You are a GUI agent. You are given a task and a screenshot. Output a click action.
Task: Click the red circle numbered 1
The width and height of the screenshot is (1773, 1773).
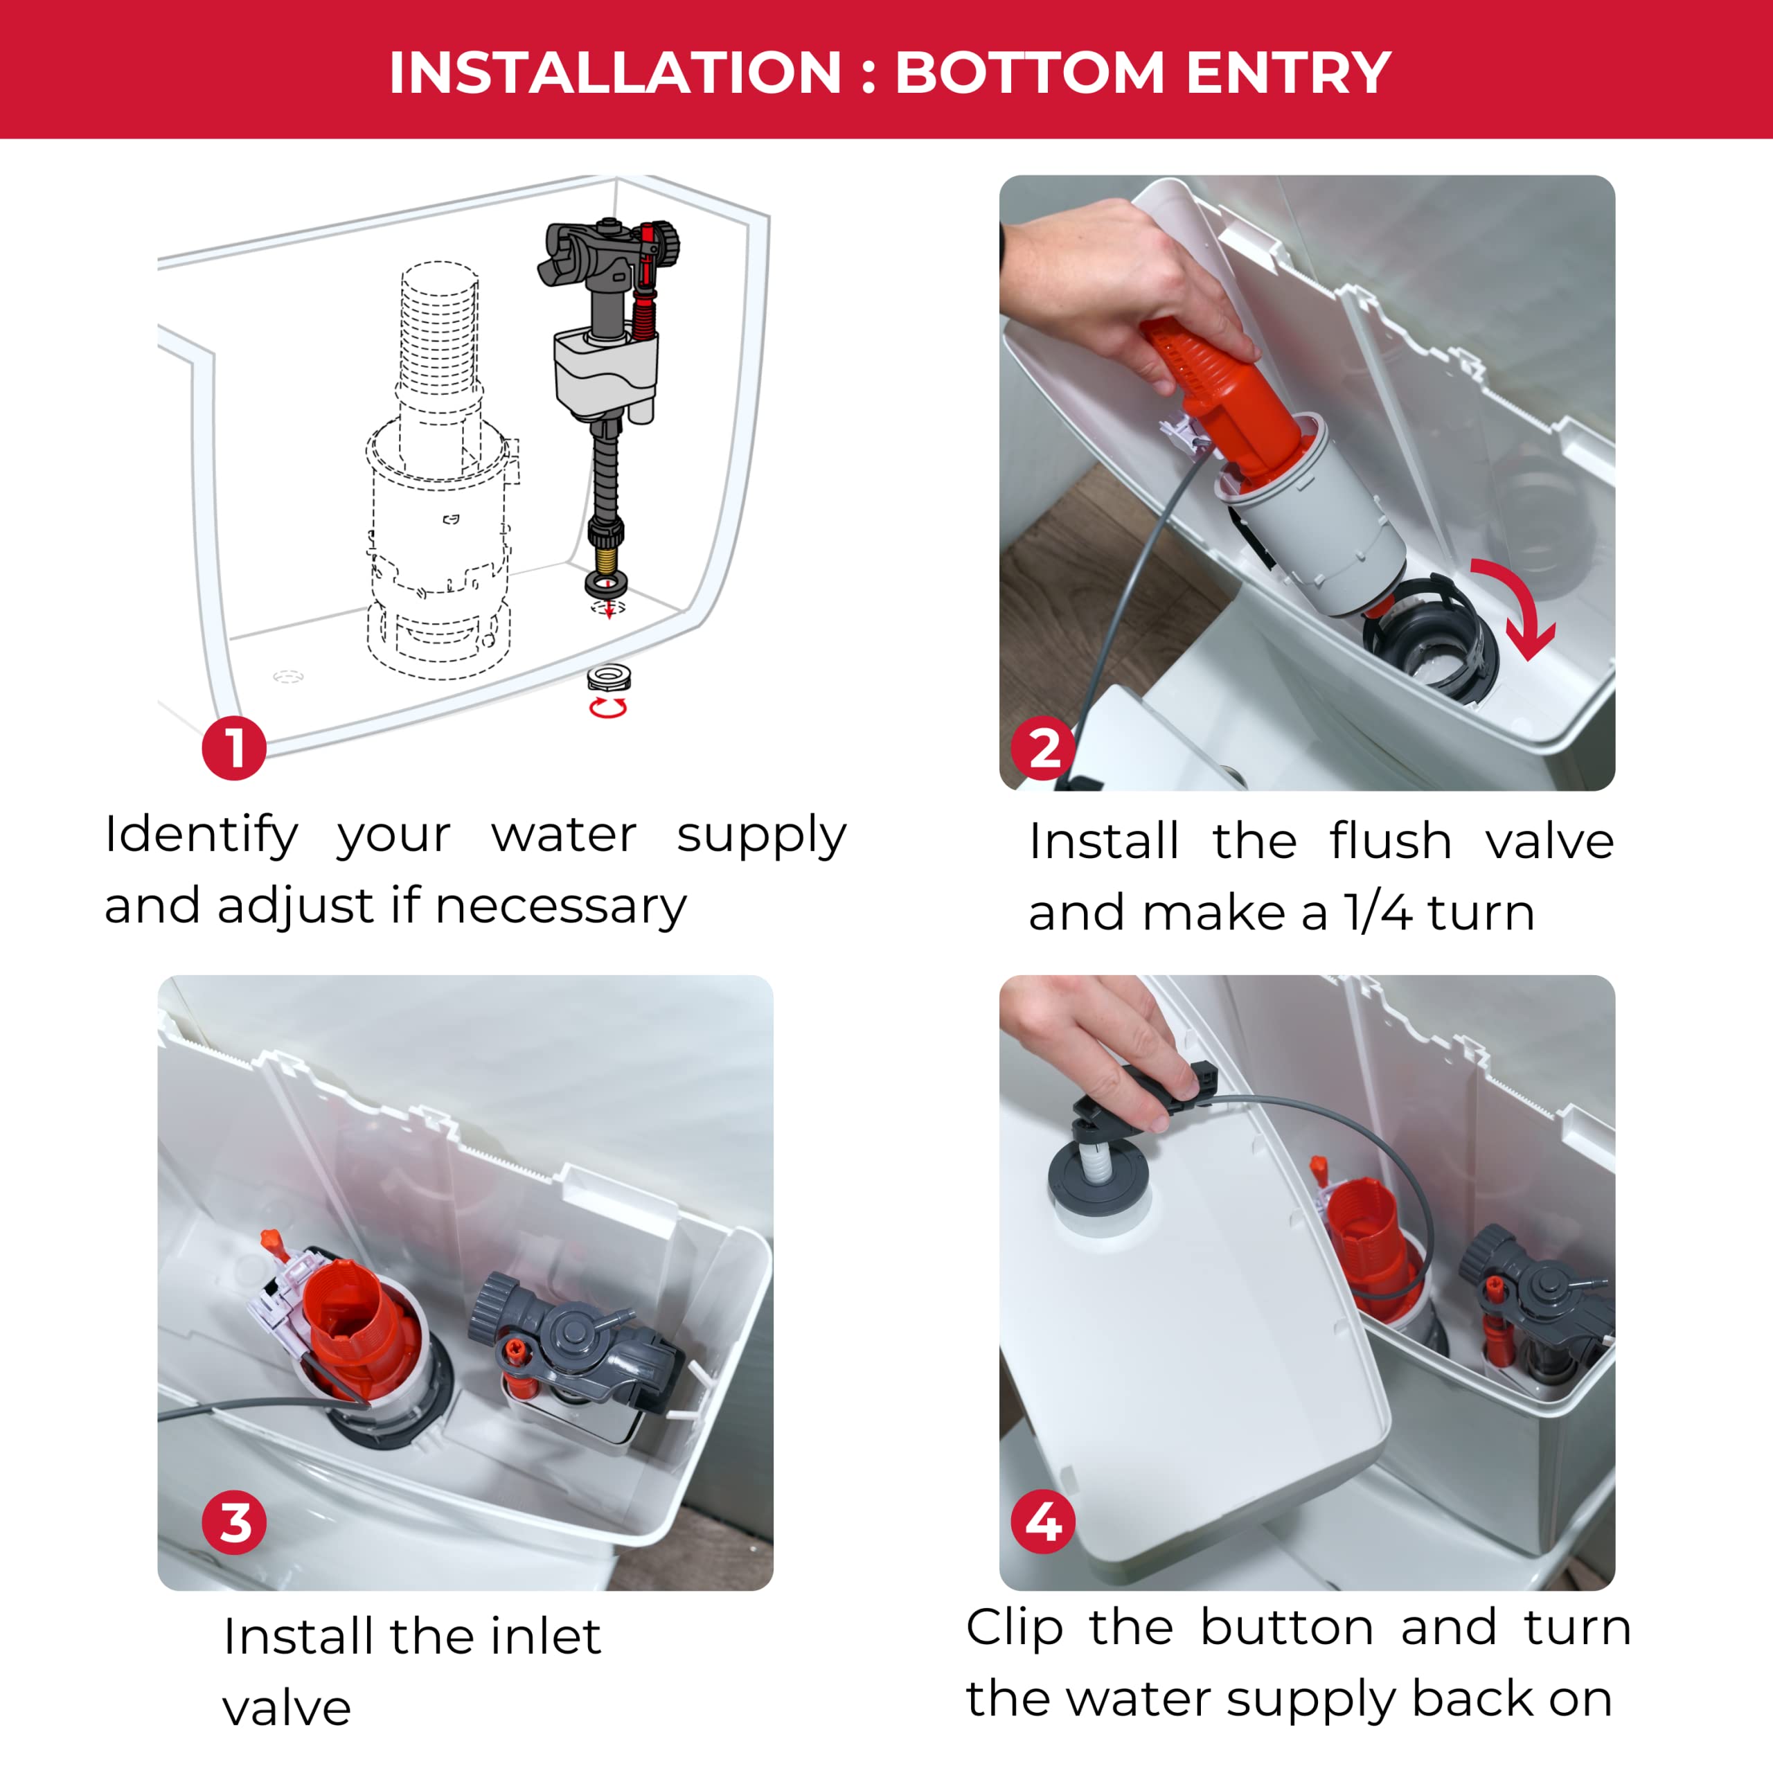click(x=234, y=748)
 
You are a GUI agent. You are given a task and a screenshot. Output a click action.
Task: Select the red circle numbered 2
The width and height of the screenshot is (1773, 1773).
click(x=1044, y=748)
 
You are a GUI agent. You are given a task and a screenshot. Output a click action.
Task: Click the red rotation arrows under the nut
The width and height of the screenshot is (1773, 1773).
click(x=607, y=706)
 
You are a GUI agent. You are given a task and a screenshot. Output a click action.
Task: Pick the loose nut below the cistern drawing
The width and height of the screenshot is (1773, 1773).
click(x=609, y=678)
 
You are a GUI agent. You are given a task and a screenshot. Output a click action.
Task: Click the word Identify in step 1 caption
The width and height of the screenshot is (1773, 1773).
click(x=202, y=836)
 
